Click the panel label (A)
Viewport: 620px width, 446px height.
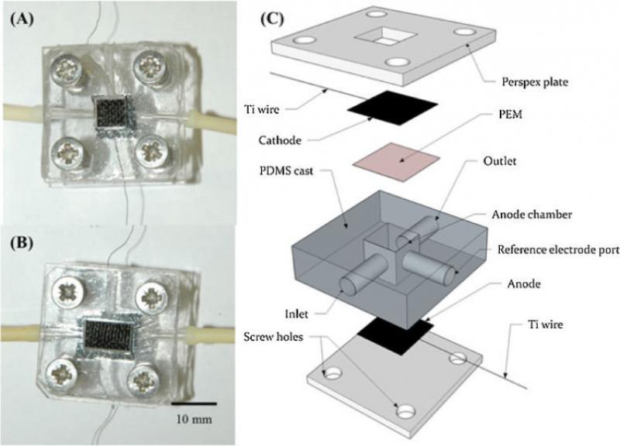point(21,19)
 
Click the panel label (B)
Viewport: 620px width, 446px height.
point(21,243)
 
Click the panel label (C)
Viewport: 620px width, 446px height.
point(272,19)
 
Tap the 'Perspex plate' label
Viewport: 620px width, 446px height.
point(535,82)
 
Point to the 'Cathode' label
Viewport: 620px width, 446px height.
point(280,140)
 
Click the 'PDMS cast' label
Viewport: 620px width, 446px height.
point(286,171)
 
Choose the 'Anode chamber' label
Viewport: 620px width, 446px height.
point(532,214)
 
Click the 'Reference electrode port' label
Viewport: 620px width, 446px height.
point(558,250)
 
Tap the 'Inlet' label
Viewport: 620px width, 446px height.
point(296,314)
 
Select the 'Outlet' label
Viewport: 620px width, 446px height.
point(500,161)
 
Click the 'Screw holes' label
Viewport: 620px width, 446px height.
point(274,337)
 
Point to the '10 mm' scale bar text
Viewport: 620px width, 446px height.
point(194,419)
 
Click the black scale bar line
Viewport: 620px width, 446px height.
point(194,403)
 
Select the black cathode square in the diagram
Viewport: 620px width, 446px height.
point(392,108)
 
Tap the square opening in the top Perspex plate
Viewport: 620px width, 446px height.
point(385,36)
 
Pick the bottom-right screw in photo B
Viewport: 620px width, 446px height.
point(143,379)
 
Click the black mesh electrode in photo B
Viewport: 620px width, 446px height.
point(108,336)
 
